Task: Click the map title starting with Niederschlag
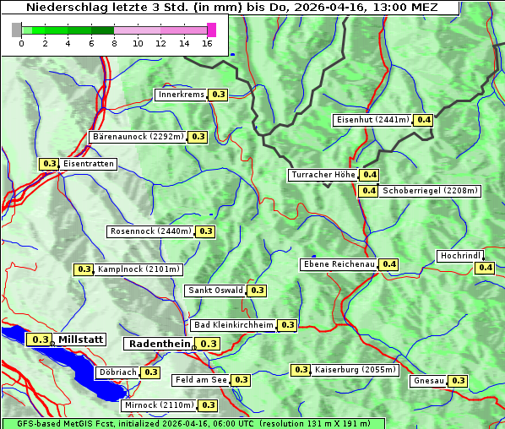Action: tap(230, 8)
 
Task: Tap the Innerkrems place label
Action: tap(181, 95)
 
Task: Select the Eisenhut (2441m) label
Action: tap(372, 120)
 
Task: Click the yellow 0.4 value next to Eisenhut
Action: tap(423, 120)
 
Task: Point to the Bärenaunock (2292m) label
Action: tap(137, 136)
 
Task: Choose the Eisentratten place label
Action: tap(88, 164)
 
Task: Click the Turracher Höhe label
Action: tap(323, 175)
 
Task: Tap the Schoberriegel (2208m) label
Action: tap(430, 191)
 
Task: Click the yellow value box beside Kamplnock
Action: tap(84, 269)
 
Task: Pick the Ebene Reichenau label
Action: tap(339, 264)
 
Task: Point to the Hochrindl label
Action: tap(460, 256)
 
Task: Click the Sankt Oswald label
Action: tap(214, 291)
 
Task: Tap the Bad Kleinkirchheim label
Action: tap(233, 325)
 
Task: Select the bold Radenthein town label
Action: tap(159, 344)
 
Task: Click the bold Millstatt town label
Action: tap(81, 339)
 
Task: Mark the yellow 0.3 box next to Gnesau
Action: tap(458, 381)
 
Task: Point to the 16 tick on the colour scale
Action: tap(208, 43)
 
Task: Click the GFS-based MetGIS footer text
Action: tap(193, 423)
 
